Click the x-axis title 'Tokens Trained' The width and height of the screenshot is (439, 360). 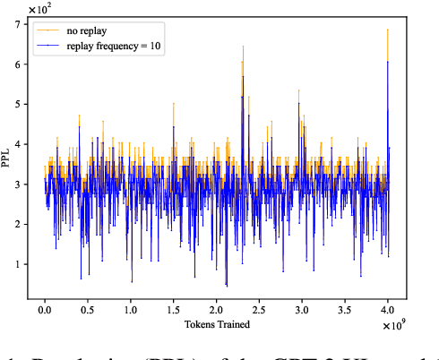215,323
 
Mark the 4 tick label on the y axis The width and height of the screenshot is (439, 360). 19,142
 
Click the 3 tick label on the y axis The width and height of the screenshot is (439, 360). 19,184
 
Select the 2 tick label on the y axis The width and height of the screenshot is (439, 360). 19,224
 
